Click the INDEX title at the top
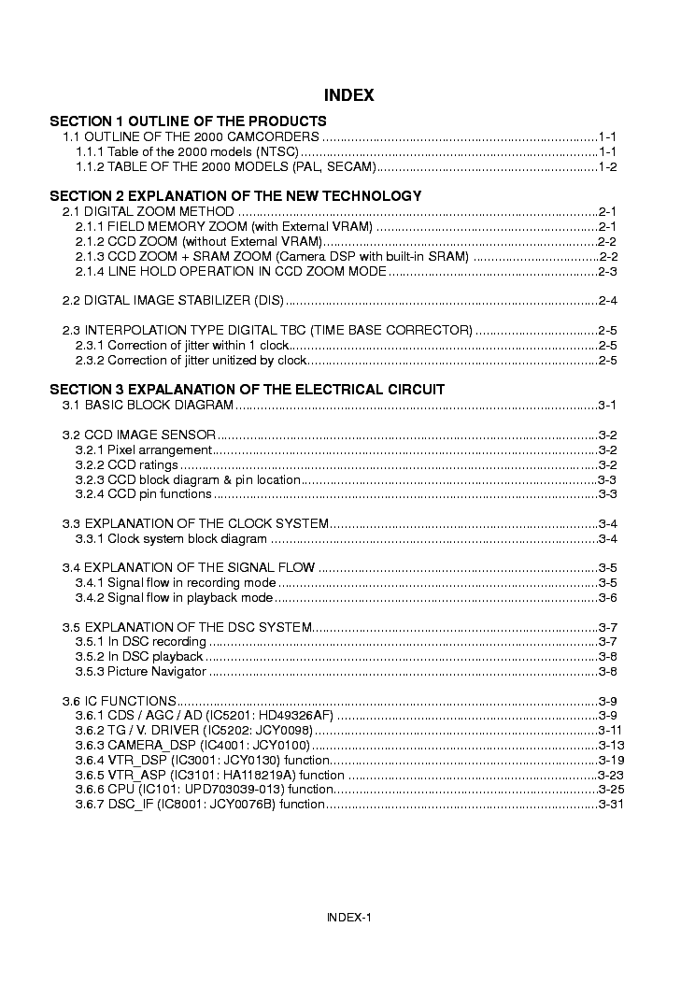tap(348, 95)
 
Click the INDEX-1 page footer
tap(348, 917)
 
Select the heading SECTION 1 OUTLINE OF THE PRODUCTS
tap(188, 121)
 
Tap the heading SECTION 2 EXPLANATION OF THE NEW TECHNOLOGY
tap(235, 196)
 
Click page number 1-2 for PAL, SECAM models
tap(608, 166)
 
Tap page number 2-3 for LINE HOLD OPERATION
tap(608, 271)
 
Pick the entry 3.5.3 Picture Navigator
tap(140, 671)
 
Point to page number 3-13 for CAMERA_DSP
tap(611, 745)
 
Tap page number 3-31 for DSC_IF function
tap(611, 805)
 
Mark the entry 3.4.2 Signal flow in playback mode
tap(174, 598)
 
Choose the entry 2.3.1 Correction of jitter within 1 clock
tap(181, 346)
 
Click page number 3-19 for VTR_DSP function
tap(611, 760)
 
